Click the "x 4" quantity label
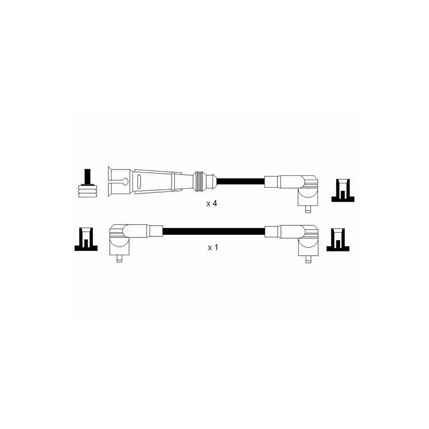click(211, 204)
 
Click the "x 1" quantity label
click(213, 248)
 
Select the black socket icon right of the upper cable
click(343, 190)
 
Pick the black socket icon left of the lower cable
click(86, 239)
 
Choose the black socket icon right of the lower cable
click(338, 240)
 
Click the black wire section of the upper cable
click(240, 181)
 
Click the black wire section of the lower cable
click(213, 231)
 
